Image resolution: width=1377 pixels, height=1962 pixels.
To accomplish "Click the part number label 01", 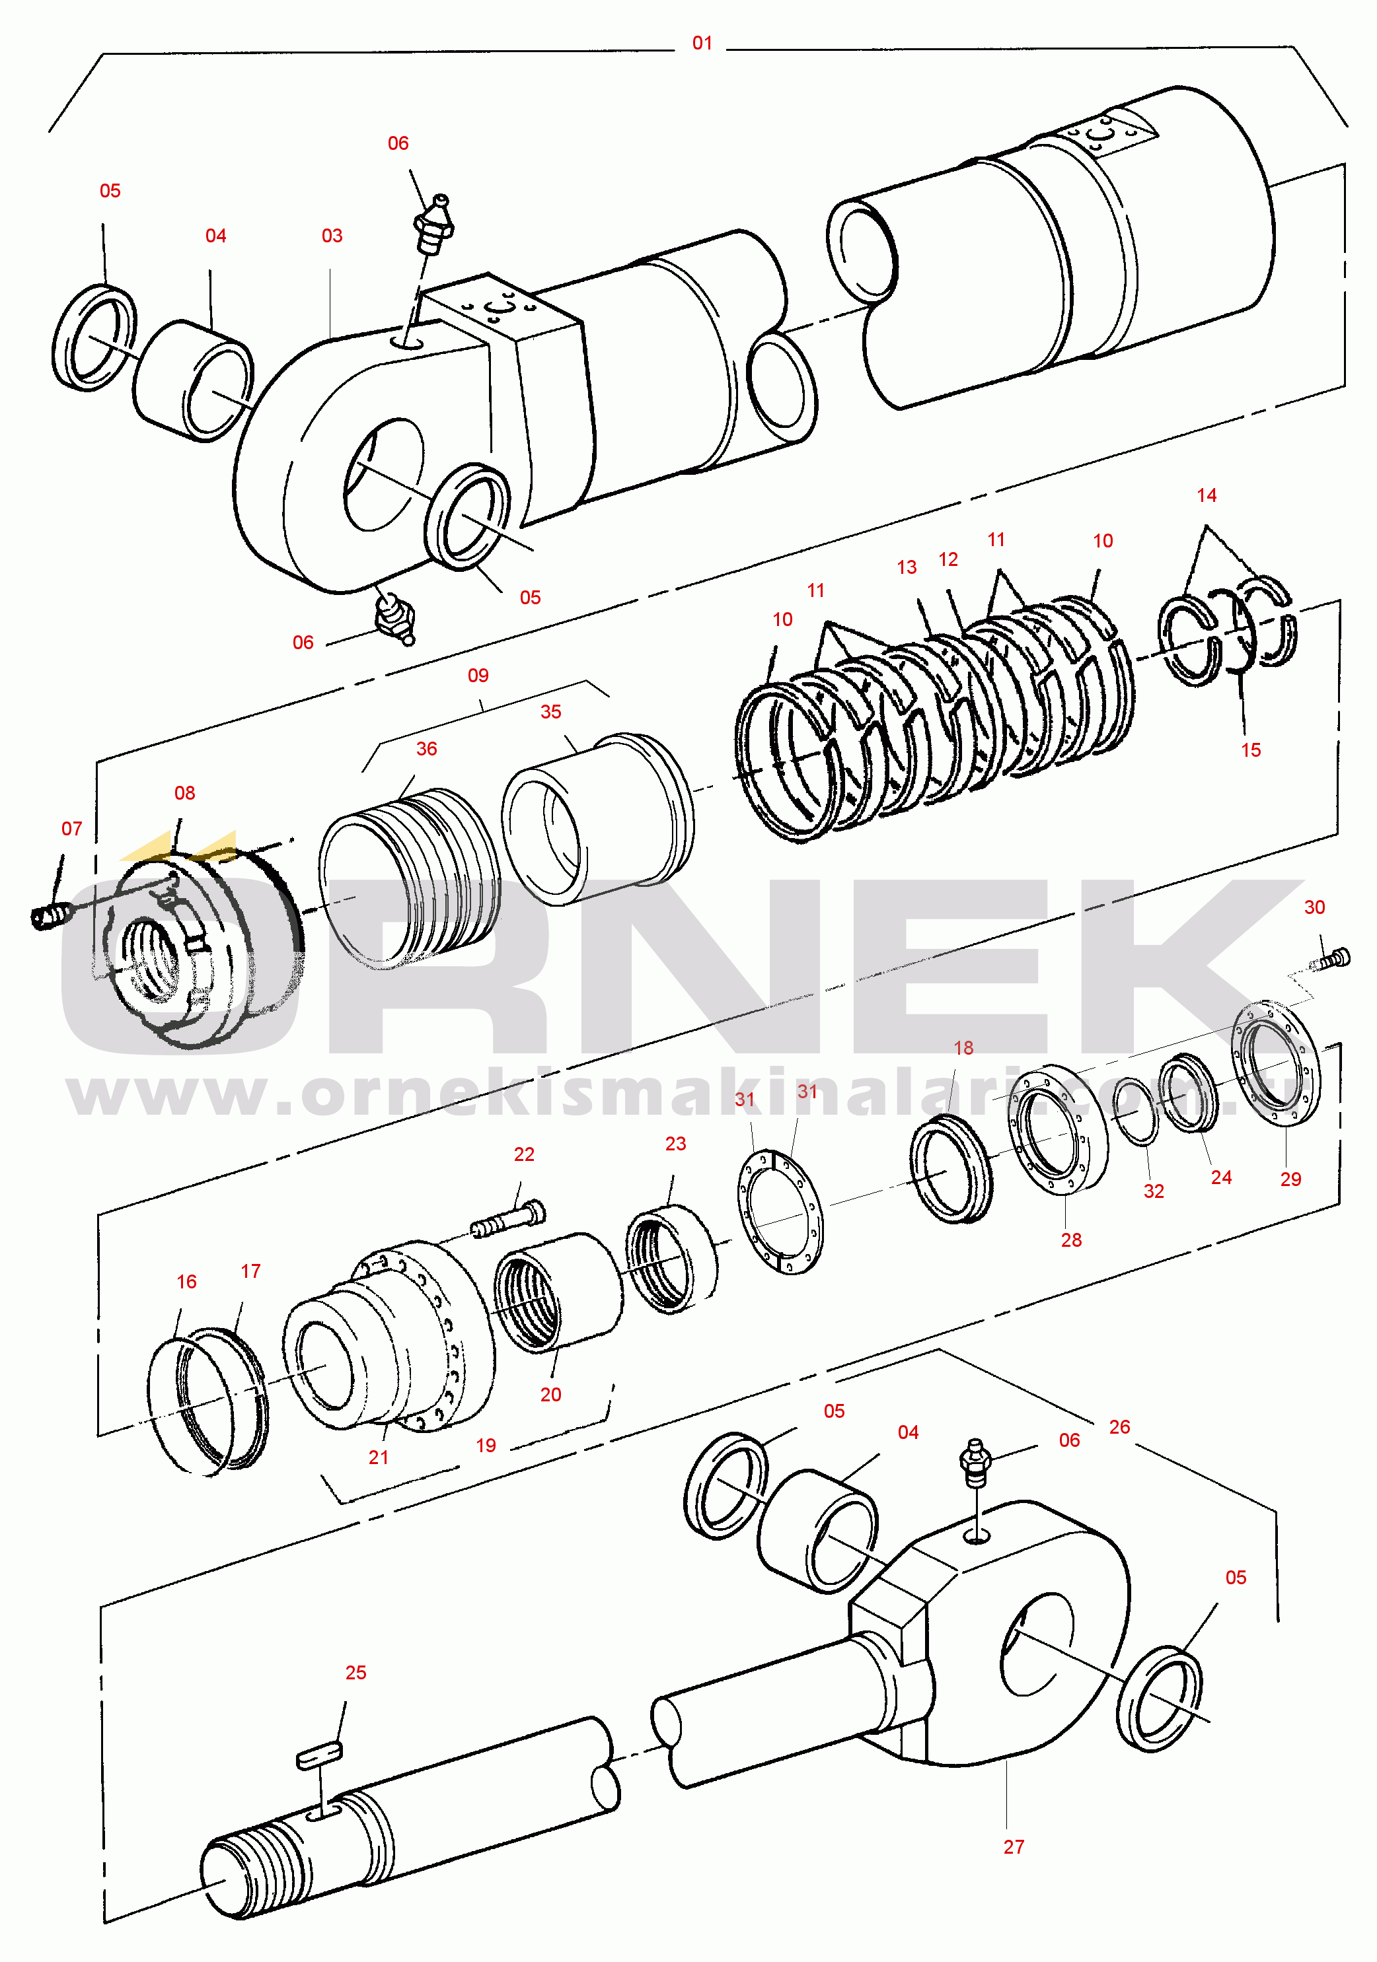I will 702,43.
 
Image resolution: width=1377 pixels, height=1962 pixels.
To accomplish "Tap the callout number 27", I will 1013,1846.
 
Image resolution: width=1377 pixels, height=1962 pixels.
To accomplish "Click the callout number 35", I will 550,712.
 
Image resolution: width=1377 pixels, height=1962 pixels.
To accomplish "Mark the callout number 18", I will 963,1047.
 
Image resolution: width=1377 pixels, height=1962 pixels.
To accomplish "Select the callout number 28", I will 1070,1240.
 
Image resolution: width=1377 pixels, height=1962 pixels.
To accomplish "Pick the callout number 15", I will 1251,750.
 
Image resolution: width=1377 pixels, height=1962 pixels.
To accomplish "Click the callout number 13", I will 906,567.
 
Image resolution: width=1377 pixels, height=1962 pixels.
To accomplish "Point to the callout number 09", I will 478,675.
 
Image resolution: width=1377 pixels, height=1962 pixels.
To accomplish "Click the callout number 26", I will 1119,1426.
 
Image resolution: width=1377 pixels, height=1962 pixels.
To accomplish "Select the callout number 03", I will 332,236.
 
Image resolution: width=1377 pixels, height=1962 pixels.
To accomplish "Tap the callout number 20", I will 550,1395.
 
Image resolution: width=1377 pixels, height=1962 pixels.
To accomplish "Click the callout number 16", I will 186,1282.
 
